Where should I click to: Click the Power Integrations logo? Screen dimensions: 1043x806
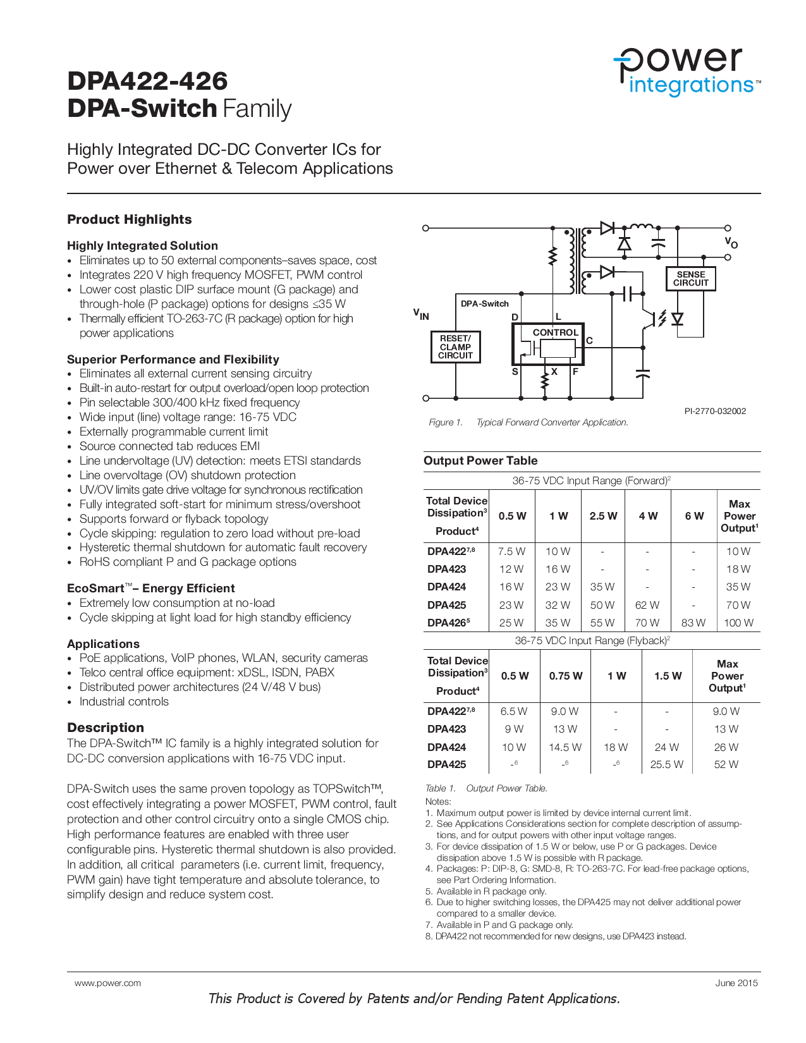(x=687, y=71)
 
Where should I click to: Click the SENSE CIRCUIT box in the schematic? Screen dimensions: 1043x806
(x=690, y=279)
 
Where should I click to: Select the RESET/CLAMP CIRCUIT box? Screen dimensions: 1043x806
(x=455, y=347)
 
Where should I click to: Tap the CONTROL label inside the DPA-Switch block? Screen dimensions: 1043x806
(x=555, y=332)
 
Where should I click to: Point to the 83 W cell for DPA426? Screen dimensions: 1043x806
(x=693, y=623)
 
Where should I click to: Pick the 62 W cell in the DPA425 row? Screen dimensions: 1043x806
(x=647, y=605)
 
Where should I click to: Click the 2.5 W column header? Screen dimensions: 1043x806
(x=603, y=516)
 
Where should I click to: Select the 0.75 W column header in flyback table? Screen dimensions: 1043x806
(x=565, y=676)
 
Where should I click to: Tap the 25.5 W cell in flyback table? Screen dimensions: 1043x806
(x=666, y=764)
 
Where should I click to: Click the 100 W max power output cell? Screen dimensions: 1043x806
(x=738, y=623)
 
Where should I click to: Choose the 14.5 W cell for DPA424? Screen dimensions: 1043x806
(x=565, y=747)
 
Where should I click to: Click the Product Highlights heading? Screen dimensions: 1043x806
(x=130, y=219)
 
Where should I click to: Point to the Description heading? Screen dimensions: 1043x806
(x=106, y=728)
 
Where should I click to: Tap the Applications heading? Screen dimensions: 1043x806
(x=103, y=643)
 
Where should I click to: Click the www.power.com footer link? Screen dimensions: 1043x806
(x=107, y=983)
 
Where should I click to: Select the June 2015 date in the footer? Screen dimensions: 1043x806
(x=736, y=983)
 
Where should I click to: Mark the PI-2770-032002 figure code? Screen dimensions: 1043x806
(x=715, y=411)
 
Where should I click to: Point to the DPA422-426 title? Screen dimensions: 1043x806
(x=147, y=81)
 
